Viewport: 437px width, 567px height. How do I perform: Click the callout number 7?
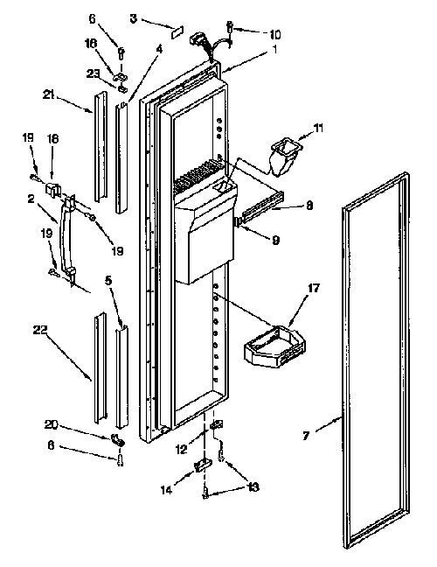point(306,436)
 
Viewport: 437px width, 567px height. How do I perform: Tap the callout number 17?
point(314,288)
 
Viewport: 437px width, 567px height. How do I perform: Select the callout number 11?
point(318,128)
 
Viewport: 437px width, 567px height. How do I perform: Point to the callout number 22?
point(40,330)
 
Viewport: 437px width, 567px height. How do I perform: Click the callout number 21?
point(49,95)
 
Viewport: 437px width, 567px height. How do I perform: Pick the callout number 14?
point(166,490)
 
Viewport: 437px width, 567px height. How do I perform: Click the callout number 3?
point(134,18)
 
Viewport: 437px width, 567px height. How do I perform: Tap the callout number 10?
point(274,34)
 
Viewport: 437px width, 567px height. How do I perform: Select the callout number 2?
point(31,198)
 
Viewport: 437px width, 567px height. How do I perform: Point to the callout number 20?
point(51,424)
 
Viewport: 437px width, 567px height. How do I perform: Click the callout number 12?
point(182,449)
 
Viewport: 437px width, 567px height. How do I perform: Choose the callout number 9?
point(275,240)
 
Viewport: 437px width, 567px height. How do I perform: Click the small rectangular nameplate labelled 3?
point(177,31)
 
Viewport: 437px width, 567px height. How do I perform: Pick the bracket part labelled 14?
point(202,465)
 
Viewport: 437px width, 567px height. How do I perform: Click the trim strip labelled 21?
point(101,146)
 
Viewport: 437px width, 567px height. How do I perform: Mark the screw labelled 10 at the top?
point(229,27)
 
